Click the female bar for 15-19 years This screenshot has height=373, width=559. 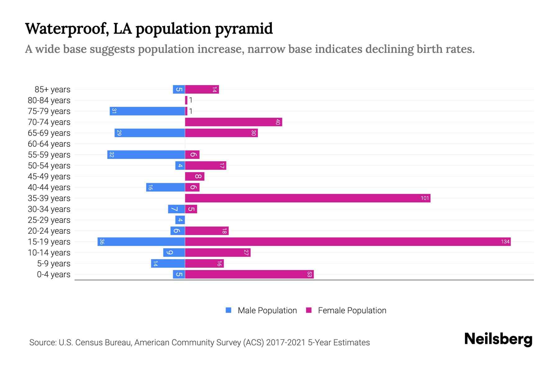point(348,242)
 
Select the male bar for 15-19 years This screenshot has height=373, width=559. point(141,242)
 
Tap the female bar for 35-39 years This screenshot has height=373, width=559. point(307,198)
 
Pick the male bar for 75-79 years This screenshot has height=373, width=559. point(147,111)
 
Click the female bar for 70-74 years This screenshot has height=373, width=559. point(234,122)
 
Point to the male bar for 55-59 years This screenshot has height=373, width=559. point(146,154)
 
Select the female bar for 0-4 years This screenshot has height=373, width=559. point(249,274)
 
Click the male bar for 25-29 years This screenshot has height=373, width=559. point(180,220)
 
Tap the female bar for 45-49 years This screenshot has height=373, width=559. point(195,176)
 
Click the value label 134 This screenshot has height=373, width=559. point(505,242)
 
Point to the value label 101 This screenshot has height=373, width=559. point(425,198)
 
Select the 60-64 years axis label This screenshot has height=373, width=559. point(49,144)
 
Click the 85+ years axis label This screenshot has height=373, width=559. point(52,90)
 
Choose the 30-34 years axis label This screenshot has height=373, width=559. point(49,209)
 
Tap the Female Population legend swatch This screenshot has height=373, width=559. point(309,310)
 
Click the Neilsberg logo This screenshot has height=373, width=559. point(498,339)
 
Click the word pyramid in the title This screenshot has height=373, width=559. point(244,29)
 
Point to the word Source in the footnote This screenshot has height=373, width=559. point(43,343)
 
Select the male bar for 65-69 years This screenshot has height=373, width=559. point(150,133)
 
